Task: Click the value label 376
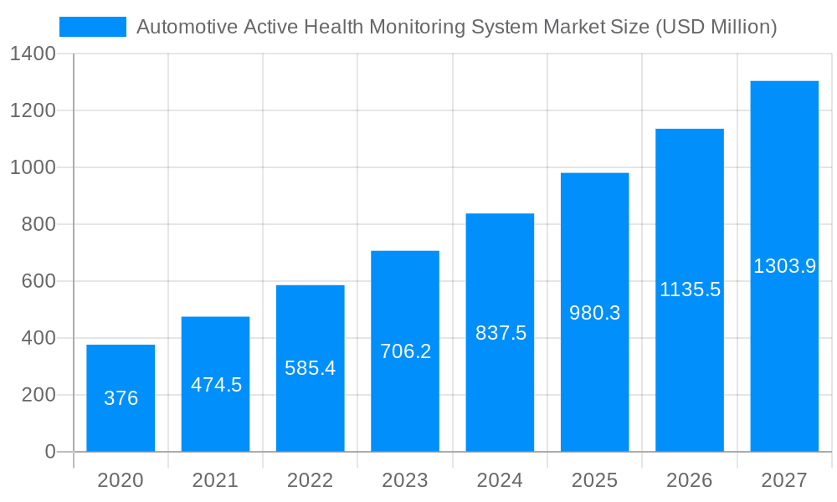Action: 121,398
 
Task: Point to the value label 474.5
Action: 216,385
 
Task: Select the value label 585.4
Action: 311,368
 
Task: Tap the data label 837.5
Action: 501,333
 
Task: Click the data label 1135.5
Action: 690,289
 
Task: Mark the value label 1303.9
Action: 784,266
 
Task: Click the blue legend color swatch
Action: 93,27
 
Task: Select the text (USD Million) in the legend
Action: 716,27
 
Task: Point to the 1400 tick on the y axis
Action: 33,54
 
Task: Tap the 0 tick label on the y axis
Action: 49,452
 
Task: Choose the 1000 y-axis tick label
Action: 33,167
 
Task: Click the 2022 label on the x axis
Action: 311,480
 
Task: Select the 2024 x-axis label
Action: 501,480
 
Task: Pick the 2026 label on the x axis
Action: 690,480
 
